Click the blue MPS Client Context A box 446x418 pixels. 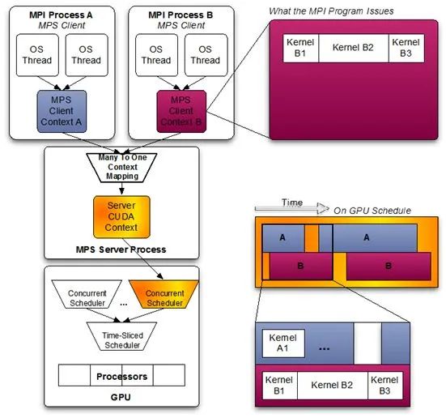pyautogui.click(x=62, y=111)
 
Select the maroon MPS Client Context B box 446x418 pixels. pyautogui.click(x=181, y=111)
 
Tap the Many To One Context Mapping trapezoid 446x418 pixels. pyautogui.click(x=121, y=168)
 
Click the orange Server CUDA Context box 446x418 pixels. pyautogui.click(x=121, y=217)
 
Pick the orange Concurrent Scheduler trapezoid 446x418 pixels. pyautogui.click(x=164, y=294)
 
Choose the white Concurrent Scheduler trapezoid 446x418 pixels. pyautogui.click(x=87, y=294)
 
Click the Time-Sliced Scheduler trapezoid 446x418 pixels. pyautogui.click(x=121, y=336)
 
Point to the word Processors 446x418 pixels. pyautogui.click(x=121, y=377)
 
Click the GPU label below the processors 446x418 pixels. pyautogui.click(x=121, y=397)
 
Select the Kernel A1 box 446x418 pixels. pyautogui.click(x=283, y=343)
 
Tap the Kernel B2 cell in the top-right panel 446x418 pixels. pyautogui.click(x=353, y=48)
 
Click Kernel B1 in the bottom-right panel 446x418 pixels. pyautogui.click(x=279, y=386)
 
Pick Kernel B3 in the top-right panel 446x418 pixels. pyautogui.click(x=406, y=48)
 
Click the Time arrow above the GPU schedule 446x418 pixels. pyautogui.click(x=292, y=208)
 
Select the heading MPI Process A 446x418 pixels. pyautogui.click(x=61, y=15)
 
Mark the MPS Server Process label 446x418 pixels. pyautogui.click(x=121, y=250)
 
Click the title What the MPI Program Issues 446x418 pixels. pyautogui.click(x=331, y=11)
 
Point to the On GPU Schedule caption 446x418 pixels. pyautogui.click(x=372, y=211)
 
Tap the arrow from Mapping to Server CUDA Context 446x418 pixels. pyautogui.click(x=121, y=189)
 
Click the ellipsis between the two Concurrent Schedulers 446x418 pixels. pyautogui.click(x=124, y=305)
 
